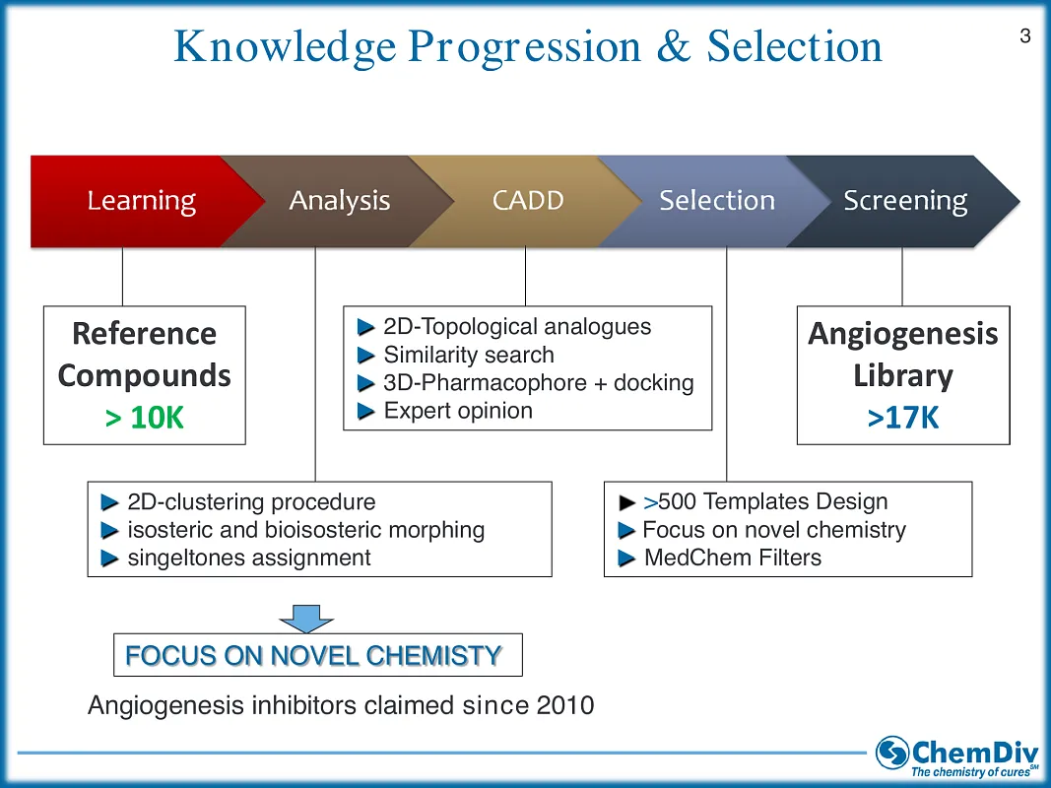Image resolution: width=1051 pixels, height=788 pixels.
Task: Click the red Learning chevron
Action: click(x=141, y=201)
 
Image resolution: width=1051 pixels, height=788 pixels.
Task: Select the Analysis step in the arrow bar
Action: click(x=339, y=201)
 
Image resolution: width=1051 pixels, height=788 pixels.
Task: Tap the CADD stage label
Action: click(x=528, y=201)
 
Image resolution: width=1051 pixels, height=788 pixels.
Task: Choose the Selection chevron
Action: click(x=716, y=201)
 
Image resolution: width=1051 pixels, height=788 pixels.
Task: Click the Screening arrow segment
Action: click(x=904, y=201)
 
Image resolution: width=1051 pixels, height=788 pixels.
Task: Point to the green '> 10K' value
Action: click(x=144, y=418)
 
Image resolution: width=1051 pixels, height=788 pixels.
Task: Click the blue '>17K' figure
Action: click(x=902, y=418)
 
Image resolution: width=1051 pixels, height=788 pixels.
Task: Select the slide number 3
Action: click(x=1025, y=36)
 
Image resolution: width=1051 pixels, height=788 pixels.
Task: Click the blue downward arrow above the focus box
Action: click(x=306, y=617)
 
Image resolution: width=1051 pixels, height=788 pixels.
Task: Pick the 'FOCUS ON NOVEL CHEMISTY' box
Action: click(x=317, y=655)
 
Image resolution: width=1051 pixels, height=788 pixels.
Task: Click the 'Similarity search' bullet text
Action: click(x=468, y=355)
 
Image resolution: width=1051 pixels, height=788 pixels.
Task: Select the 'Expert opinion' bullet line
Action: click(x=457, y=411)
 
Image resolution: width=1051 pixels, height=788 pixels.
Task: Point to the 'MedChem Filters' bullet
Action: click(x=732, y=558)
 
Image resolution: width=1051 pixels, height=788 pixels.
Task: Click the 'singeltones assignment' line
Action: click(x=248, y=558)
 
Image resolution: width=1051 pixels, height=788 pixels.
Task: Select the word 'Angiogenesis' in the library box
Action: click(x=902, y=334)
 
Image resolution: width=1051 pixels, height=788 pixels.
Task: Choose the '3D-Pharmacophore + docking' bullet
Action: click(x=538, y=383)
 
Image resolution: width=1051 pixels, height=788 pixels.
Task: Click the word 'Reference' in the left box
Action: click(x=144, y=334)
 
